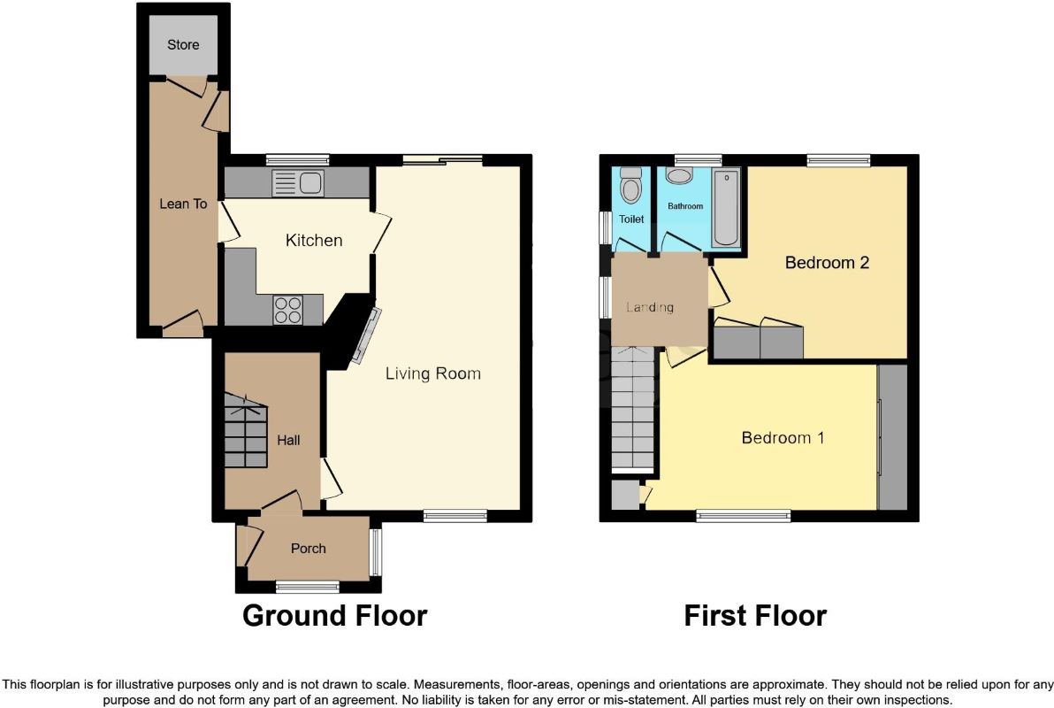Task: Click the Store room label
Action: click(x=183, y=45)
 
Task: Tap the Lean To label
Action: click(x=183, y=204)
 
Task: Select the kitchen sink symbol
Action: click(x=298, y=182)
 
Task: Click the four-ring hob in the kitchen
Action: click(x=287, y=310)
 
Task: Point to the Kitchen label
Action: click(x=314, y=240)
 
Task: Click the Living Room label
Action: click(x=433, y=373)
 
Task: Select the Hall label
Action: click(x=288, y=440)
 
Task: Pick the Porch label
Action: click(x=309, y=549)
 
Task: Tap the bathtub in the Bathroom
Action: click(x=726, y=207)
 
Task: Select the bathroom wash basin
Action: click(x=680, y=175)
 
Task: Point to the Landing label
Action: click(x=650, y=308)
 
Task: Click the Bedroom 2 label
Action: click(x=827, y=263)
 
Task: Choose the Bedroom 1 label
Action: click(x=783, y=438)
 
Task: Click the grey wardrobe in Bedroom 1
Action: click(x=893, y=437)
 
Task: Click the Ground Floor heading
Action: click(x=335, y=615)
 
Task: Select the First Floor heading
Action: click(x=755, y=615)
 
